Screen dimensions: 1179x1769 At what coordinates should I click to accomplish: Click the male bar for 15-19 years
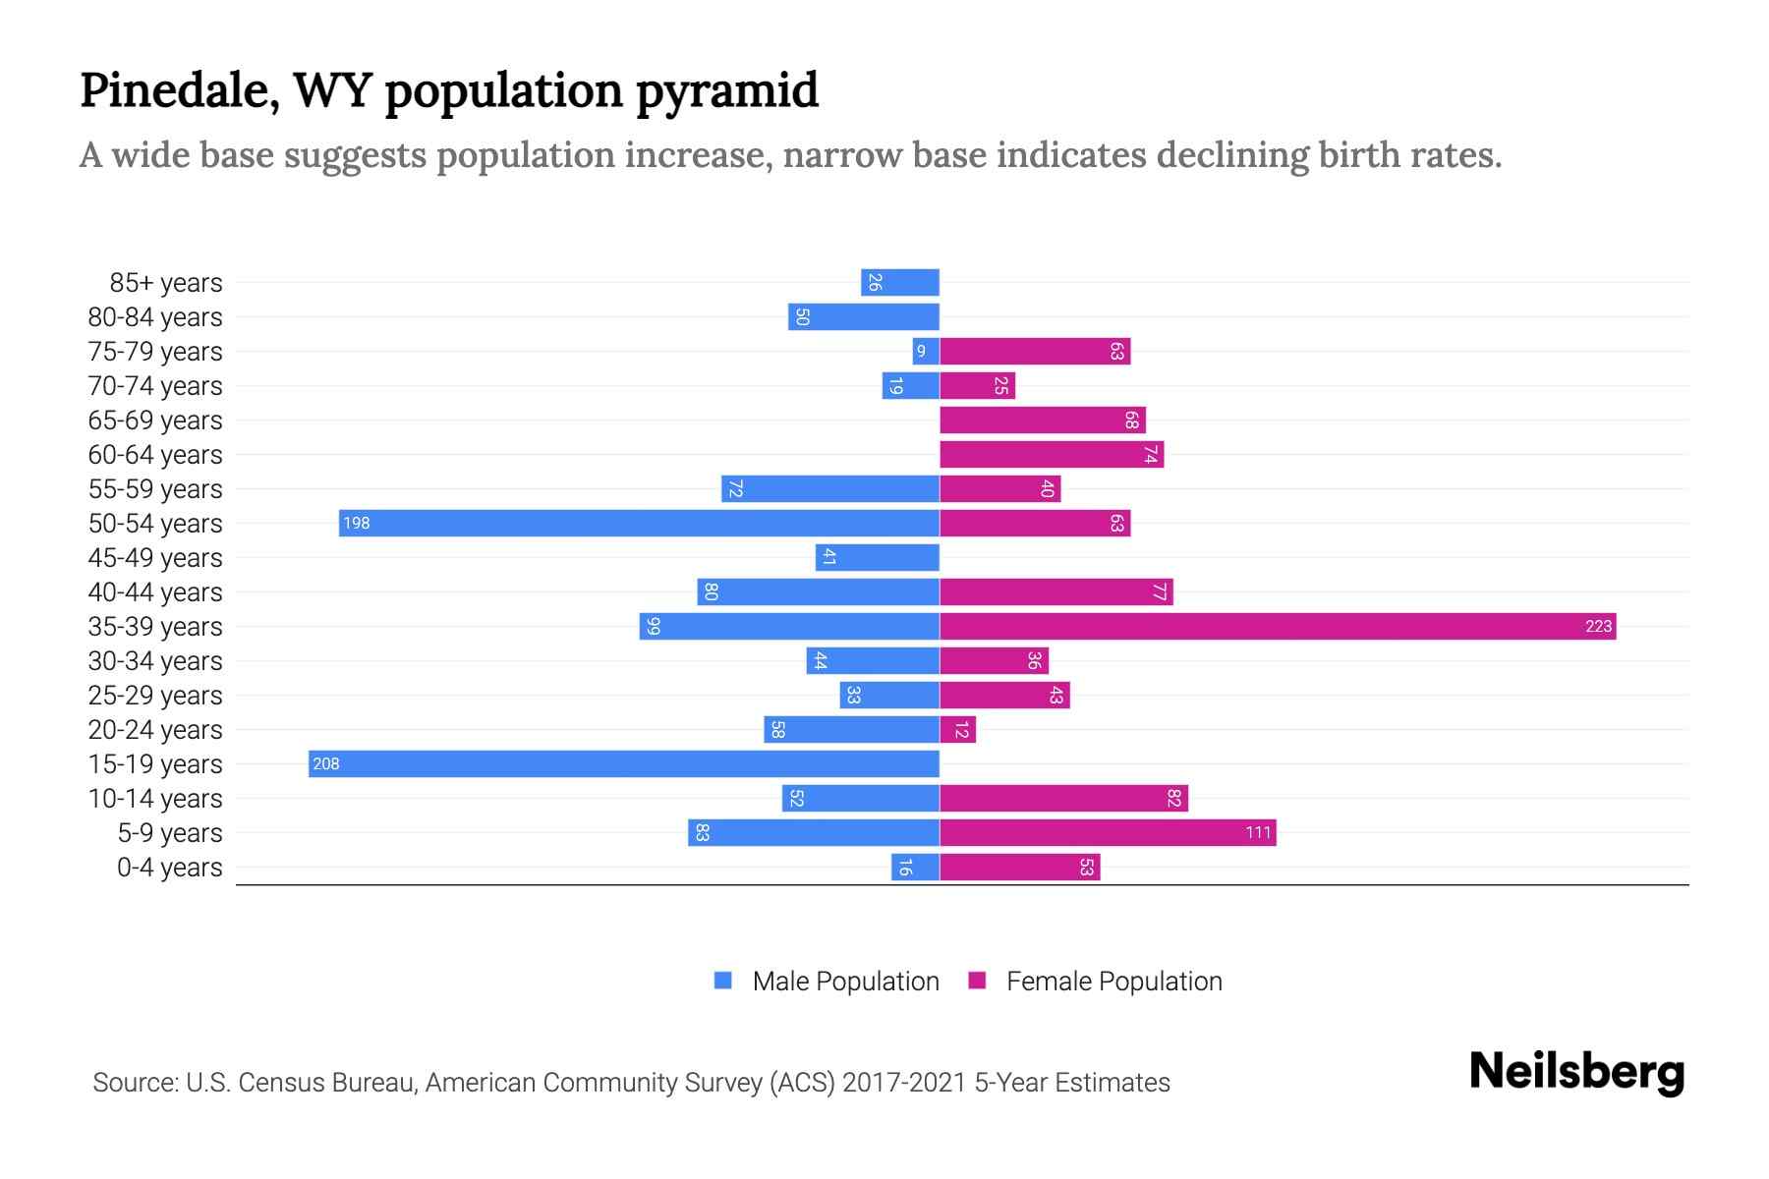click(624, 763)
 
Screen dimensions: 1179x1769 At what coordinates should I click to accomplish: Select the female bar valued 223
click(1278, 626)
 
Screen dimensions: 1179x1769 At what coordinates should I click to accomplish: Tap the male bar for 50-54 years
click(639, 523)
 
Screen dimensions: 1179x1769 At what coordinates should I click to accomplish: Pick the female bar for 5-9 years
click(1108, 833)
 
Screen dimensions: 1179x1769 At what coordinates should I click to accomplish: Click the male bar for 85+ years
click(900, 283)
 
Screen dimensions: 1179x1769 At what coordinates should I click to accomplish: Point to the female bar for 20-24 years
click(958, 730)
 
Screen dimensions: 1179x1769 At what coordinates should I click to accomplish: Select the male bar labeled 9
click(926, 352)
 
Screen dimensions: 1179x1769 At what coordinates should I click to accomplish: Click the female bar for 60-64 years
click(1052, 455)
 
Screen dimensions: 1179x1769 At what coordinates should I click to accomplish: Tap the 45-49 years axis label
click(155, 558)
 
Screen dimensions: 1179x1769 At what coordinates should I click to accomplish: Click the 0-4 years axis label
click(169, 868)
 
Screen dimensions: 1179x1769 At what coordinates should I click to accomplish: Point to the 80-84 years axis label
click(155, 317)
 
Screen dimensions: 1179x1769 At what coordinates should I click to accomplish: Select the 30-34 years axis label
click(155, 661)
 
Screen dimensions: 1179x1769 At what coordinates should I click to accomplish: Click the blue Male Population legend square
click(723, 981)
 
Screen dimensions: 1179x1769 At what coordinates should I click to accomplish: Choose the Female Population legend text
click(1113, 982)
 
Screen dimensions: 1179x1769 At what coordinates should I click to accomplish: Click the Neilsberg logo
click(1576, 1072)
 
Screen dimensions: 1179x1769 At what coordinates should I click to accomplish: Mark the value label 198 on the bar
click(356, 523)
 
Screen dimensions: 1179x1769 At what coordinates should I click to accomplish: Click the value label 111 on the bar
click(1258, 833)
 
